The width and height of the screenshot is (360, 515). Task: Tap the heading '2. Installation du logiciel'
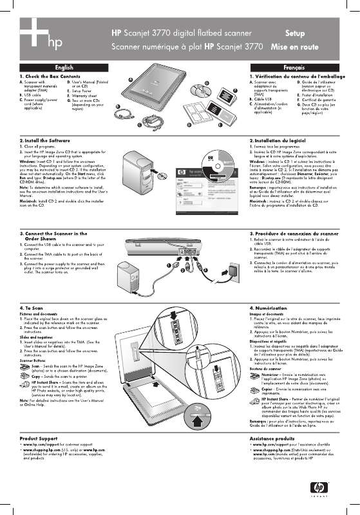pos(278,140)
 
